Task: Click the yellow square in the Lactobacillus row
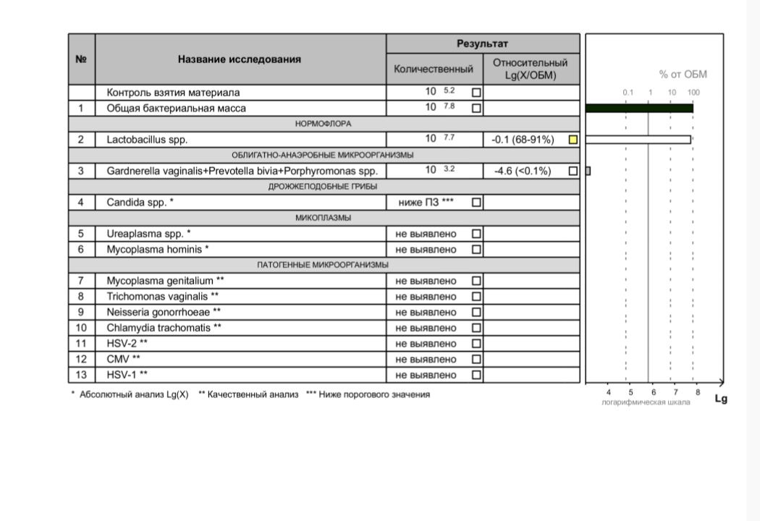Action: click(573, 140)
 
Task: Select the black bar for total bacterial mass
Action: click(639, 108)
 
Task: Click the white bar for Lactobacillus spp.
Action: click(638, 140)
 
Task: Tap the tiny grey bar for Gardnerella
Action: click(588, 171)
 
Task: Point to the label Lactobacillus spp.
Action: click(147, 140)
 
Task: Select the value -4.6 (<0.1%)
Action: click(523, 171)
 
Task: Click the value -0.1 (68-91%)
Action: click(523, 140)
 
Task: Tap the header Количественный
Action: click(433, 69)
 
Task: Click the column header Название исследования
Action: click(240, 59)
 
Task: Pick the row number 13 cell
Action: click(81, 375)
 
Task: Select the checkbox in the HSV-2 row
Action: click(476, 344)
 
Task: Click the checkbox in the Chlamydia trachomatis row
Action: click(476, 328)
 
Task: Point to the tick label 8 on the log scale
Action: click(697, 392)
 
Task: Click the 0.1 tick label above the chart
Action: click(628, 93)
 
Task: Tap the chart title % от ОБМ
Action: click(683, 75)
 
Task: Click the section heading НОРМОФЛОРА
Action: click(323, 124)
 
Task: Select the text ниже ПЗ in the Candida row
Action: click(419, 203)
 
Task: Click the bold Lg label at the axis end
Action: click(720, 399)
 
